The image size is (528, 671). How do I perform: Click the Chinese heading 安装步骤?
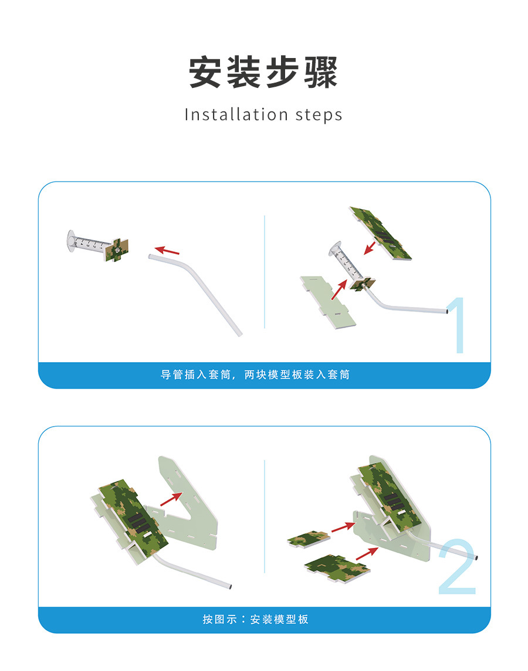[x=263, y=72]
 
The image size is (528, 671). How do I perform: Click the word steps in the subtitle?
[x=319, y=115]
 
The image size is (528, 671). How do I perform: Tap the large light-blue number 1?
[x=457, y=325]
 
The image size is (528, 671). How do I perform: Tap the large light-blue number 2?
[x=457, y=567]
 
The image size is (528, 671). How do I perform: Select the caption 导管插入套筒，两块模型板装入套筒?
[x=255, y=375]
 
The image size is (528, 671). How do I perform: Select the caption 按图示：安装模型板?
[x=255, y=619]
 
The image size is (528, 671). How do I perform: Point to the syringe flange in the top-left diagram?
[x=71, y=241]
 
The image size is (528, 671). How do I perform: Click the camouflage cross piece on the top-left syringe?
[x=117, y=250]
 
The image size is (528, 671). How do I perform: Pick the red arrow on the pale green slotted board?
[x=339, y=289]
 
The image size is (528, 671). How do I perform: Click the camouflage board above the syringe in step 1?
[x=381, y=233]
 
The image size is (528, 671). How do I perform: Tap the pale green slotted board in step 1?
[x=328, y=302]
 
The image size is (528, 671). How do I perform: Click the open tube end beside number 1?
[x=447, y=312]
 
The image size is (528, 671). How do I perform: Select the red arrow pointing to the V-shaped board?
[x=171, y=499]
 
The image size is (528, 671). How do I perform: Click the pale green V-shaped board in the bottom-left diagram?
[x=188, y=505]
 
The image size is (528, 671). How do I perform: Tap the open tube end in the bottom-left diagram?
[x=231, y=587]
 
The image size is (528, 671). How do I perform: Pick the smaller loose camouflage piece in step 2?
[x=309, y=539]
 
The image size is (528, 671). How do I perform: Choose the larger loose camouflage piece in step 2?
[x=337, y=567]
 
